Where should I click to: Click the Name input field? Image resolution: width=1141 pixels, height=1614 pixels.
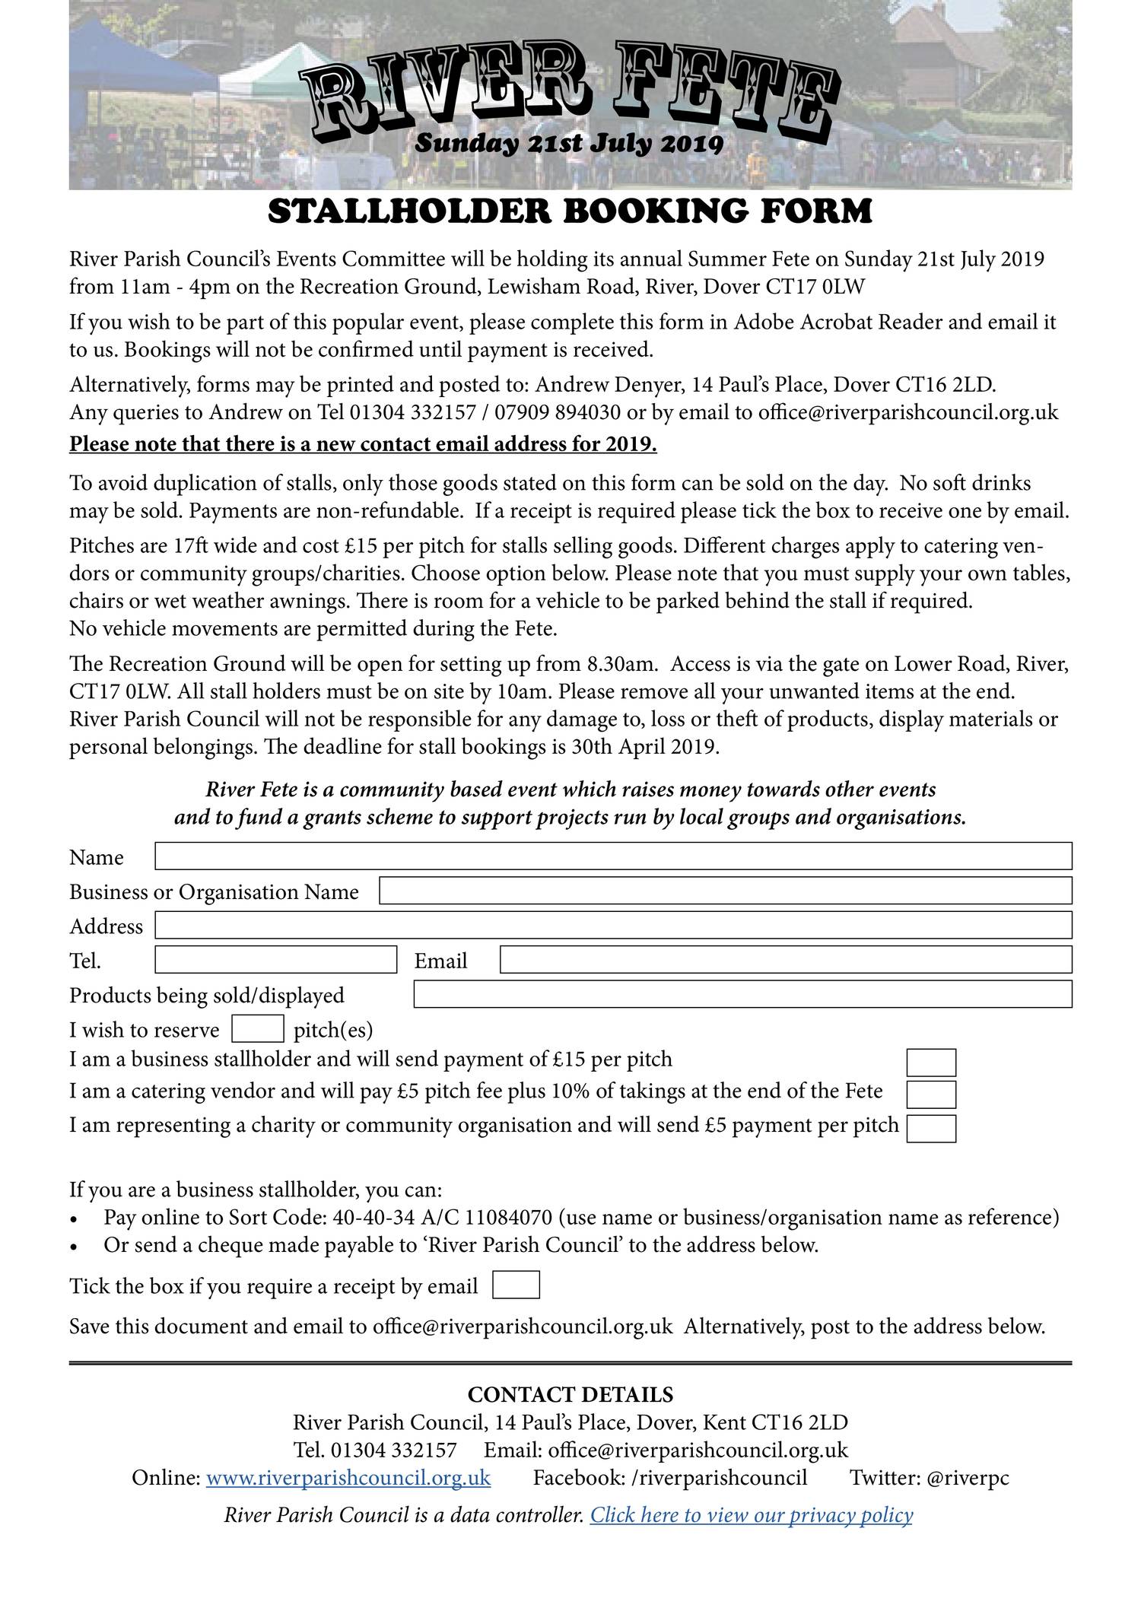click(613, 856)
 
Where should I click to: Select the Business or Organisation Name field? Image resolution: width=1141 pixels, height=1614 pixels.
click(725, 890)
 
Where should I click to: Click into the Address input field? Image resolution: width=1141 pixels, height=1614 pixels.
click(613, 925)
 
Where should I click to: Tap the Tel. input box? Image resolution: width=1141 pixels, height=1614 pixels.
click(275, 959)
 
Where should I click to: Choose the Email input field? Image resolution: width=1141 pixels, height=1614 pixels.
click(785, 959)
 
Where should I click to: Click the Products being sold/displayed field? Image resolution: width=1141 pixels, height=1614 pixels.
click(742, 994)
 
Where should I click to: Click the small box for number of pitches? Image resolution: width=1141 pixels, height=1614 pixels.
click(257, 1029)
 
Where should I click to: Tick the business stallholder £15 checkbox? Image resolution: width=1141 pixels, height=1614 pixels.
click(931, 1063)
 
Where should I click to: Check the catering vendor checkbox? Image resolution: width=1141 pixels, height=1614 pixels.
click(931, 1095)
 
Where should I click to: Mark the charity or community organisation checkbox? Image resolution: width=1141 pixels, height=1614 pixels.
click(931, 1128)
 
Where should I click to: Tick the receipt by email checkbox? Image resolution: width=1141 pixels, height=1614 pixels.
click(516, 1285)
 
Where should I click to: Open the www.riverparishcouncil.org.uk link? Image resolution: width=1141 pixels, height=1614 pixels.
click(348, 1478)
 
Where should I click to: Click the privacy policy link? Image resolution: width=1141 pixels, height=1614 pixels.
click(751, 1515)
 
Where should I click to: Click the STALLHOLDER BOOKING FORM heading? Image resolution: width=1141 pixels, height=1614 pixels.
click(570, 211)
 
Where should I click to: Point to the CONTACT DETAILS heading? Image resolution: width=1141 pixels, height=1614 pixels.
click(570, 1394)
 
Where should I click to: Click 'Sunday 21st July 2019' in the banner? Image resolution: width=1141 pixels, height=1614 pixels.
click(569, 143)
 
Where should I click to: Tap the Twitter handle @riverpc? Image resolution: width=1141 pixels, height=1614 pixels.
click(968, 1478)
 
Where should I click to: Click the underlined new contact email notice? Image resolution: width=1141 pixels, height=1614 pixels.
click(363, 444)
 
